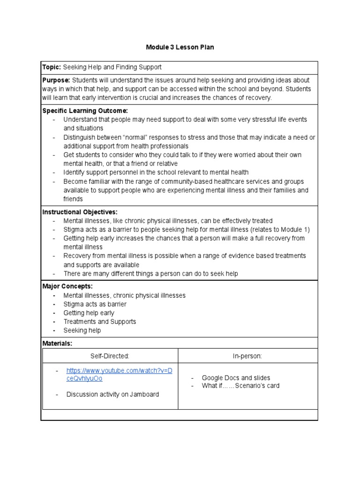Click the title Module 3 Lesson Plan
coord(180,47)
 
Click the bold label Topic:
coord(52,67)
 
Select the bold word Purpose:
coord(56,80)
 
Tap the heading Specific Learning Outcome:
coord(85,111)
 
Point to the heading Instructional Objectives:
coord(80,212)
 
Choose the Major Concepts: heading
coord(67,286)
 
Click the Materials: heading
coord(57,344)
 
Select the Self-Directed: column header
coord(110,356)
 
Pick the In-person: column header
coord(247,356)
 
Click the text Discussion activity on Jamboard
coord(112,394)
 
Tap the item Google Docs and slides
coord(236,378)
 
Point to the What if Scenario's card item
coord(240,386)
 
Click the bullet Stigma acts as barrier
coord(95,304)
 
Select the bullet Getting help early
coord(89,313)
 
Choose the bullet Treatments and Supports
coord(100,322)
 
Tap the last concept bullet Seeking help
coord(82,330)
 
